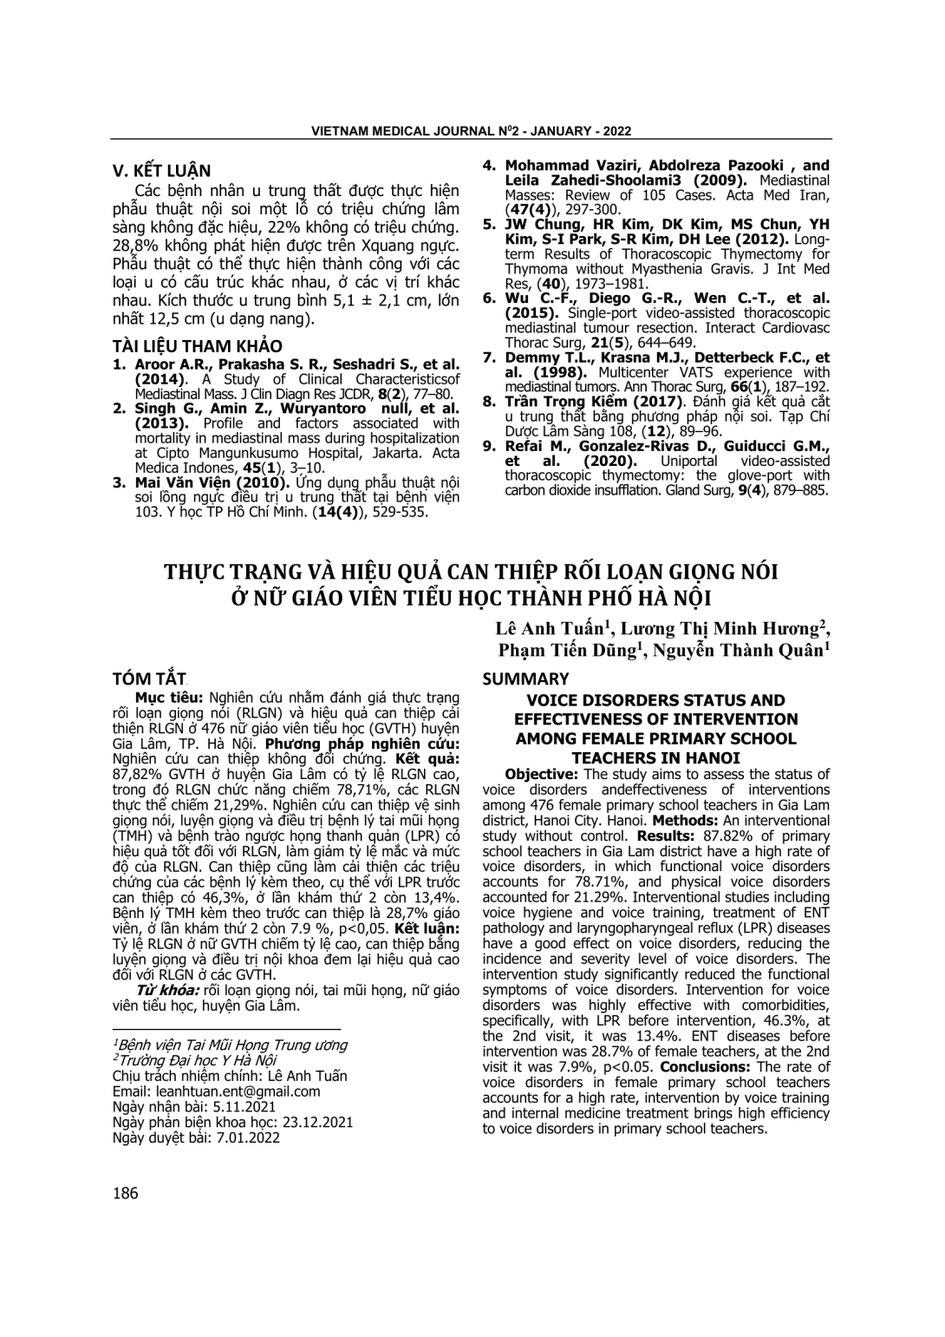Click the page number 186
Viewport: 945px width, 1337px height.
click(125, 1193)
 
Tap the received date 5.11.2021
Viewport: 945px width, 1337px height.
click(237, 1106)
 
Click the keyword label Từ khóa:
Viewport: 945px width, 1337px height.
click(164, 991)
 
